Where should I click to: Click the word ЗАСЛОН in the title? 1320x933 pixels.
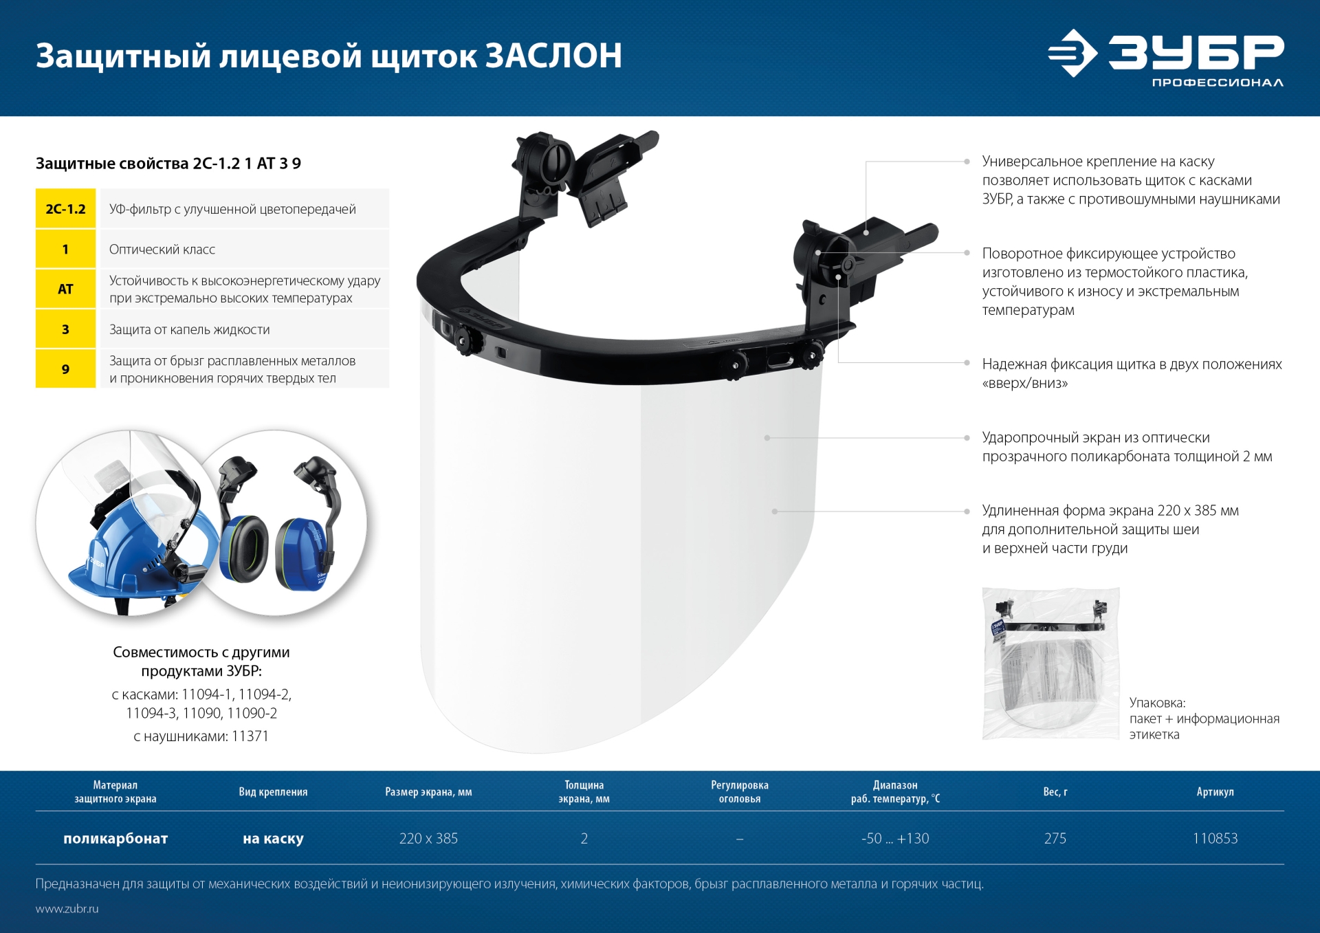(554, 56)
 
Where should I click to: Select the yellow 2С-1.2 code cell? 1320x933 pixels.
(65, 209)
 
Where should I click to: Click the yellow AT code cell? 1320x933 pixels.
(65, 289)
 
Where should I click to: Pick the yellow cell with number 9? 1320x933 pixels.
(65, 369)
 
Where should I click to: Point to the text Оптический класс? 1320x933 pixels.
(162, 250)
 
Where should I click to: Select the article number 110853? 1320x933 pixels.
(1215, 839)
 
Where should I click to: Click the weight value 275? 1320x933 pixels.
(1055, 839)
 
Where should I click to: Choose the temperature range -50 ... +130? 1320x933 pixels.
(894, 839)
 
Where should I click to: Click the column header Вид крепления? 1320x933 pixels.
(273, 792)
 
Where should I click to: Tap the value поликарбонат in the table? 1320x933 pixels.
(115, 839)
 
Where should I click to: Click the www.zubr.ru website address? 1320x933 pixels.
(67, 909)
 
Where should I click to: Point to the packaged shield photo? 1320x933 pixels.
(1050, 663)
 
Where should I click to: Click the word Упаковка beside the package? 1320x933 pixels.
(1157, 703)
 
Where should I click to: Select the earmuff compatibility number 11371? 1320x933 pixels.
(250, 736)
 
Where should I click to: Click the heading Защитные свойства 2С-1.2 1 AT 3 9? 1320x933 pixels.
(168, 164)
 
